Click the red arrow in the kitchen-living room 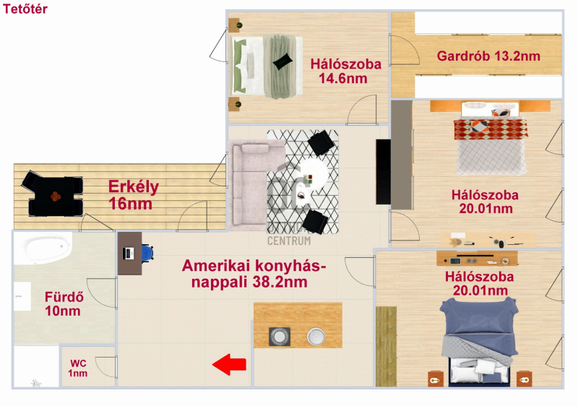coord(229,364)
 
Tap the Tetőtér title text coord(25,9)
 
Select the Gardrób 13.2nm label coord(488,56)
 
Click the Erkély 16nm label coord(134,195)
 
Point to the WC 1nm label coord(78,368)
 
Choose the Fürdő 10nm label coord(64,303)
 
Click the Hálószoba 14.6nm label coord(345,71)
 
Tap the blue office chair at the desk coord(147,253)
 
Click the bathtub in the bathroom coord(44,248)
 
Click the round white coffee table coord(313,174)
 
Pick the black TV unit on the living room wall coord(383,172)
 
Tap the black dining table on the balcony coord(56,196)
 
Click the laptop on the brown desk coord(129,254)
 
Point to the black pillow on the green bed coord(282,61)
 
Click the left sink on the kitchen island coord(280,337)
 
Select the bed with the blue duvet coord(479,342)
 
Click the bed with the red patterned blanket coord(491,139)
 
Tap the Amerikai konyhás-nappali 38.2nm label coord(254,274)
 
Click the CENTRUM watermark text coord(289,241)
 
